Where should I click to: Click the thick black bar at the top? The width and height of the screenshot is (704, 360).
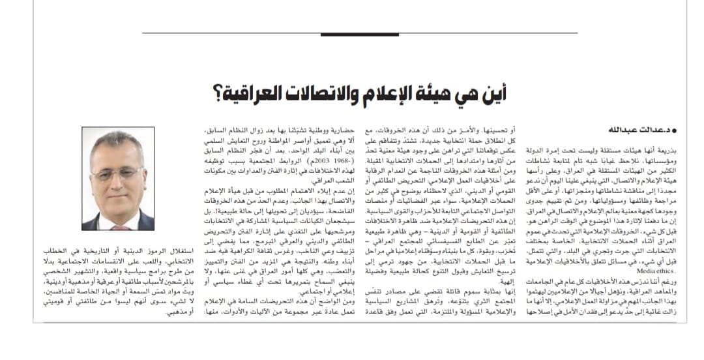359,33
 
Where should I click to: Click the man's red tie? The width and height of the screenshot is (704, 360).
121,227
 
